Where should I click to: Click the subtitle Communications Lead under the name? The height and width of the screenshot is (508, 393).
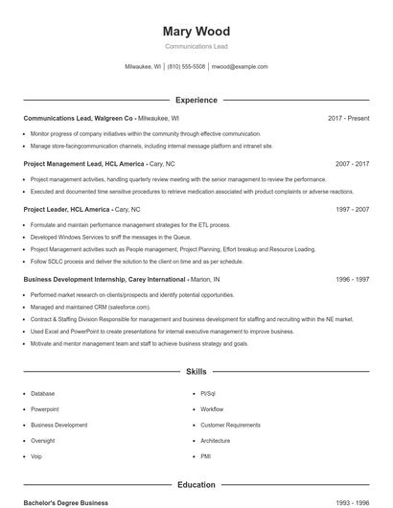click(x=196, y=46)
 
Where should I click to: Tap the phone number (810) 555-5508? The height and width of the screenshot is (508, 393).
click(x=186, y=67)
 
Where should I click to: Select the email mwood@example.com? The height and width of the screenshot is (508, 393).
click(x=239, y=67)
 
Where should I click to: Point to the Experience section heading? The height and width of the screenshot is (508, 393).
click(x=196, y=100)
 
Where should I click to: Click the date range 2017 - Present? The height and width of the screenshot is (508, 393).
click(x=348, y=118)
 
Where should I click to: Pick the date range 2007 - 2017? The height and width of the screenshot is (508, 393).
click(x=352, y=164)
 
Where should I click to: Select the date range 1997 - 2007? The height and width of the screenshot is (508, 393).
click(x=352, y=209)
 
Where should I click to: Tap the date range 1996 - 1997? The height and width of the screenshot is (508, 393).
click(x=352, y=279)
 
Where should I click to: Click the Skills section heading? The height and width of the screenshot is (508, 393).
click(x=196, y=371)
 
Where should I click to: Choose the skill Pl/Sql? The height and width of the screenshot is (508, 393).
click(x=209, y=393)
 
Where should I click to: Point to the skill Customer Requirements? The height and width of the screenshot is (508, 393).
click(x=230, y=425)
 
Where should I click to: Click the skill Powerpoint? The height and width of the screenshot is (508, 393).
click(x=45, y=409)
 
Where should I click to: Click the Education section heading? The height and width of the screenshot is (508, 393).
click(x=196, y=485)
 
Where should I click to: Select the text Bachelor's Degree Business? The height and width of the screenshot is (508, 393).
click(x=66, y=502)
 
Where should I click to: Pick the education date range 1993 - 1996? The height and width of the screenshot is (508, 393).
click(x=352, y=502)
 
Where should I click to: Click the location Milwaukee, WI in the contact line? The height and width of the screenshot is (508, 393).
click(x=144, y=67)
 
